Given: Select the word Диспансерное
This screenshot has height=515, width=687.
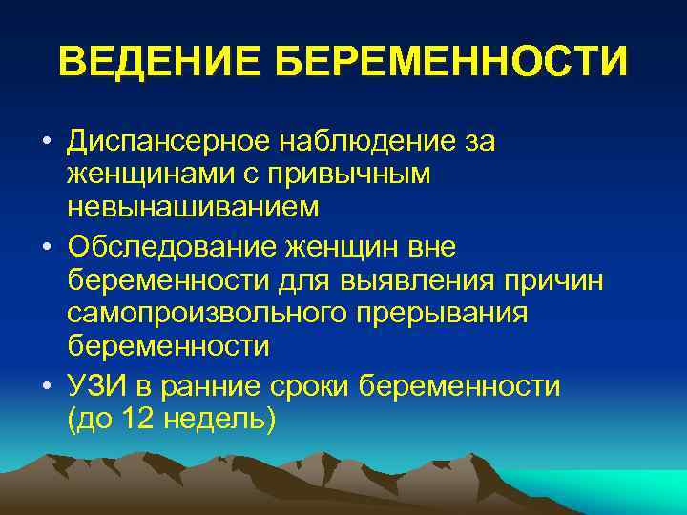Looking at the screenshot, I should coord(166,142).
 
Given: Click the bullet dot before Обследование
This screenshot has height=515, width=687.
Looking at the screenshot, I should coord(45,248).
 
